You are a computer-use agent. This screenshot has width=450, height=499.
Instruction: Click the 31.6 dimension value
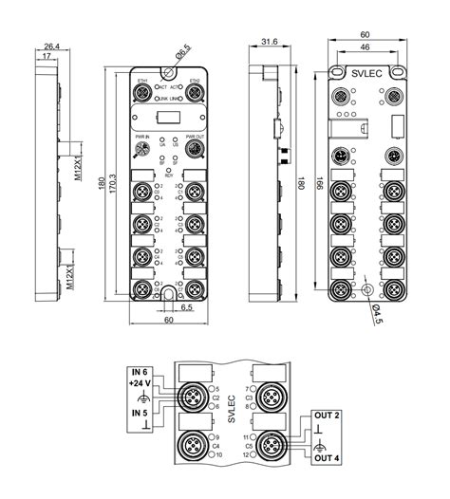[x=270, y=42]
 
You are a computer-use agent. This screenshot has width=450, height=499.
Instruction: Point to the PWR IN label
[x=142, y=138]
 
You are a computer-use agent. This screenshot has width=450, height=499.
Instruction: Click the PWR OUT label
[x=196, y=138]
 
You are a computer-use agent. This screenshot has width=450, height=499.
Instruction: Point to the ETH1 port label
[x=142, y=81]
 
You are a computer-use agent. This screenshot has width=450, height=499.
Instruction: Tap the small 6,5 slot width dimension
[x=187, y=308]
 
